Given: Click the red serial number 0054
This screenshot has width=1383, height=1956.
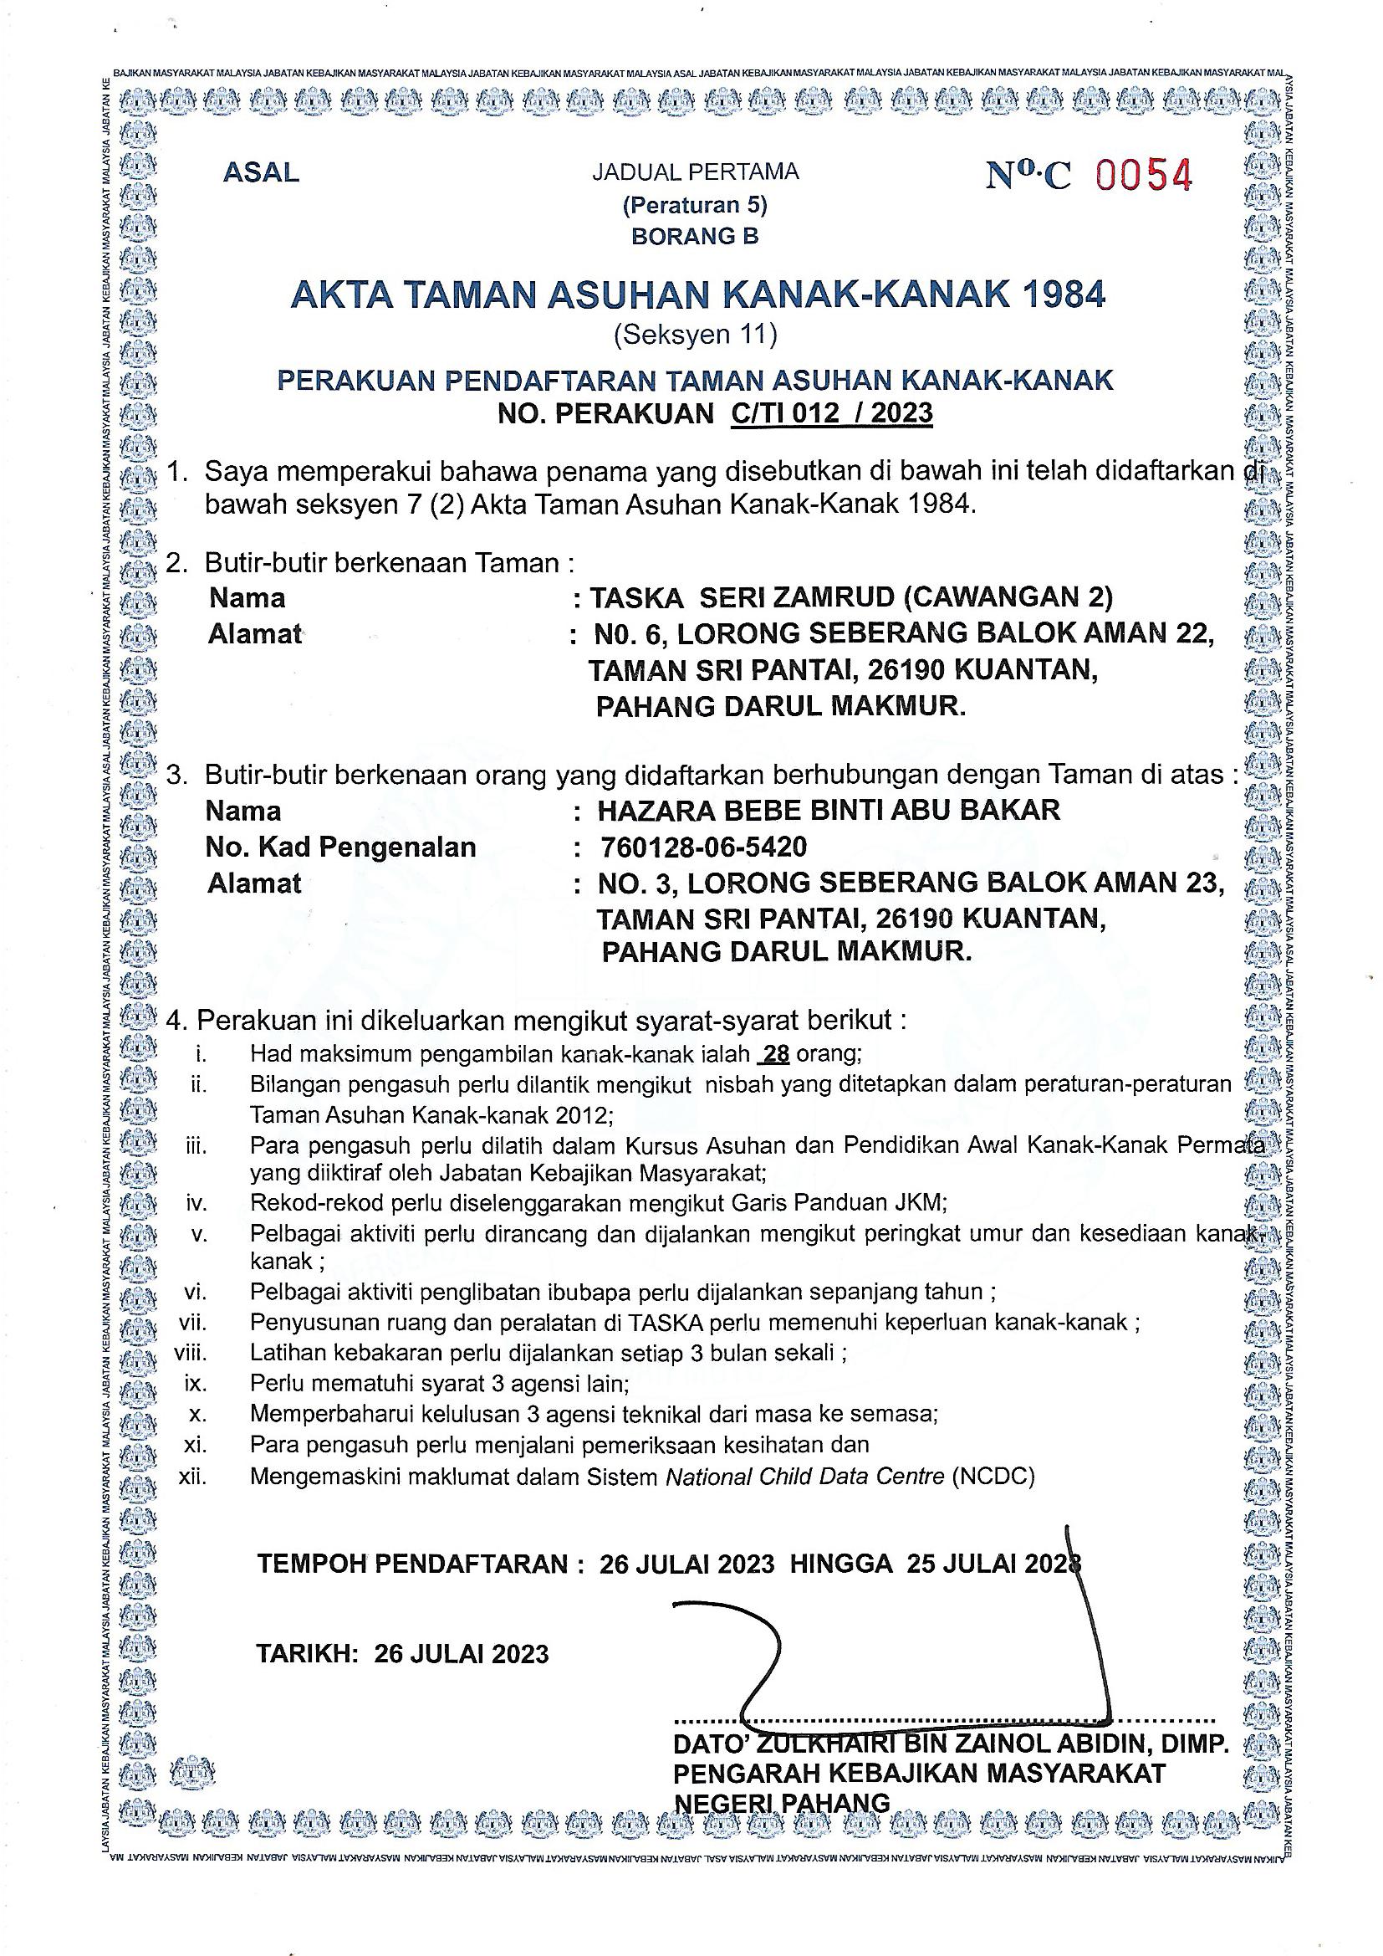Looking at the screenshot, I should [1143, 175].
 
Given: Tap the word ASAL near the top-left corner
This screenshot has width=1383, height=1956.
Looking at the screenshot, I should [261, 173].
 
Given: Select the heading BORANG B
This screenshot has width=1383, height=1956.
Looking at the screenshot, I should [694, 236].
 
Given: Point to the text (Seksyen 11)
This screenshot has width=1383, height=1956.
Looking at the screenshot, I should [695, 335].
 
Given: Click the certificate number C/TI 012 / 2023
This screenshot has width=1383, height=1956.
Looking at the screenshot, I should [831, 414].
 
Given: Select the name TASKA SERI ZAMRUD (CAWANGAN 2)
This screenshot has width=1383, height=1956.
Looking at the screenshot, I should [851, 598].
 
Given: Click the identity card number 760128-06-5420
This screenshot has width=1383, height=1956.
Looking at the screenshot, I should [703, 847].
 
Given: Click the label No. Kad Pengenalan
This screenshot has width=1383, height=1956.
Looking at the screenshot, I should [340, 847].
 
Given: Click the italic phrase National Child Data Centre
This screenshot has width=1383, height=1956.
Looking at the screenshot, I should [804, 1477].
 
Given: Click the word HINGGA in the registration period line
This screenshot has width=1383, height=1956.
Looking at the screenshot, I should [840, 1564].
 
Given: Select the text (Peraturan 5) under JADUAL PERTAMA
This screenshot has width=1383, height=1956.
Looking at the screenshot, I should [694, 205].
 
